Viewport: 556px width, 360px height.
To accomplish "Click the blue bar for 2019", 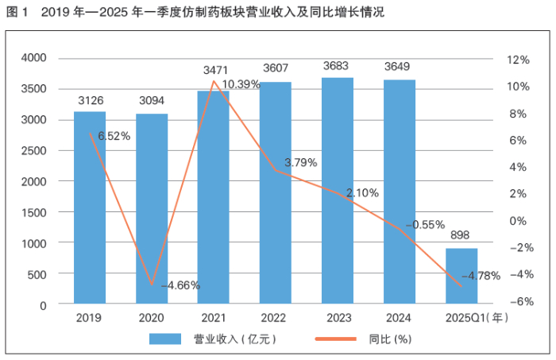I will (x=90, y=207).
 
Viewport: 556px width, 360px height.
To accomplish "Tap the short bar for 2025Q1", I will (x=461, y=276).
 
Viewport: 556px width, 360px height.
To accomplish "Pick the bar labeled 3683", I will (x=338, y=190).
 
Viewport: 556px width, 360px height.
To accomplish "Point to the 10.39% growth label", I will (x=241, y=83).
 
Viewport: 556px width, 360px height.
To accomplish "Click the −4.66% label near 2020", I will (x=180, y=285).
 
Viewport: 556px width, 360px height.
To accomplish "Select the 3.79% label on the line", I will (x=300, y=162).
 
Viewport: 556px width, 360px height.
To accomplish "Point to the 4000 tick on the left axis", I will (x=34, y=58).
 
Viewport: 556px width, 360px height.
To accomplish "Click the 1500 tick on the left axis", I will (x=34, y=212).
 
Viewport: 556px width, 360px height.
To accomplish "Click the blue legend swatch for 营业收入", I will (x=167, y=339).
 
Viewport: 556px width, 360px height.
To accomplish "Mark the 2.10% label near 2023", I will (x=362, y=192).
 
